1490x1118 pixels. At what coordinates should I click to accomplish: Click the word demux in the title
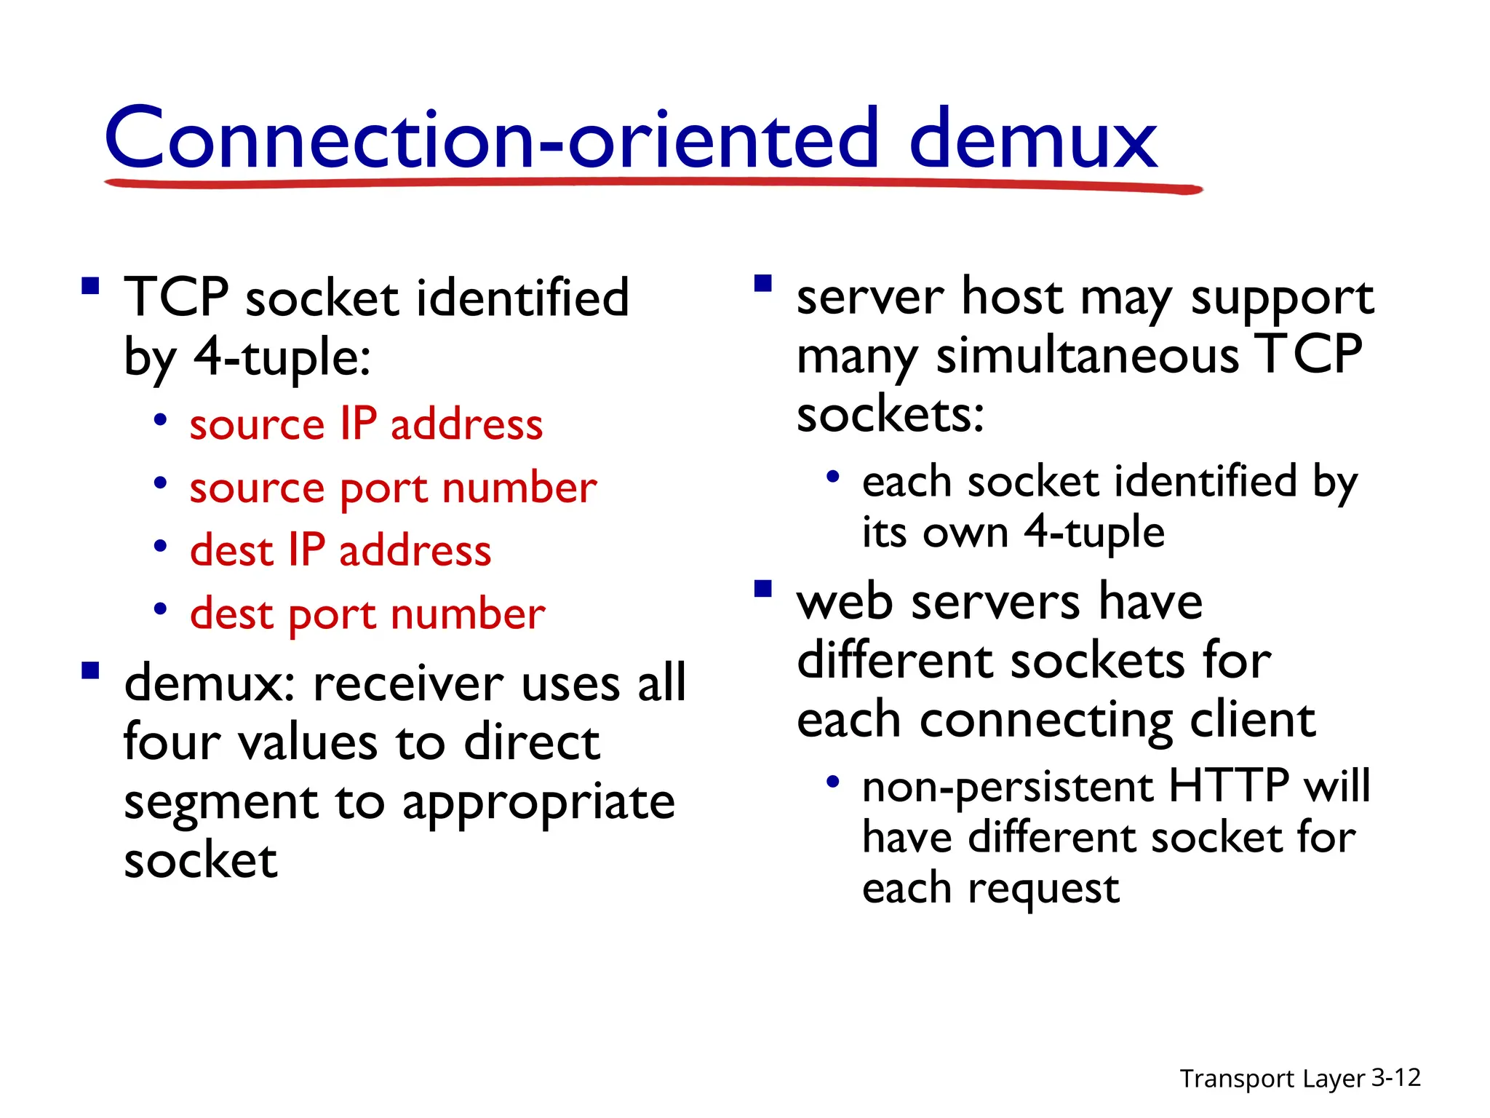[x=1033, y=138]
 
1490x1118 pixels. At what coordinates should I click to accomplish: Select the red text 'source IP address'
[x=366, y=424]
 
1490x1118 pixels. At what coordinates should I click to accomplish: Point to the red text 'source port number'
[x=393, y=488]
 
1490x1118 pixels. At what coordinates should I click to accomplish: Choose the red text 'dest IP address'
[x=340, y=550]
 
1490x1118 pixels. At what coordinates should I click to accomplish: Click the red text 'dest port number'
[x=367, y=614]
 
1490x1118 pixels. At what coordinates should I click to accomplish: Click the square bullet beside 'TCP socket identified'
[x=90, y=285]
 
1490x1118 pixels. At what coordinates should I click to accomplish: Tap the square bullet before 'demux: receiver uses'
[x=90, y=670]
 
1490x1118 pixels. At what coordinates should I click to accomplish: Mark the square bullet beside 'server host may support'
[x=762, y=283]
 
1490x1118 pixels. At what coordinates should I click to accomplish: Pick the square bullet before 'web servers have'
[x=762, y=588]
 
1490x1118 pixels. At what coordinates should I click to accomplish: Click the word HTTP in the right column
[x=1228, y=786]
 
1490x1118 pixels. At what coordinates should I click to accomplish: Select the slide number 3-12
[x=1395, y=1077]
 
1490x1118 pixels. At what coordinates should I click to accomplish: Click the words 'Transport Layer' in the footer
[x=1272, y=1078]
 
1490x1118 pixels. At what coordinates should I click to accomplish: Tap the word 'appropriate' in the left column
[x=538, y=803]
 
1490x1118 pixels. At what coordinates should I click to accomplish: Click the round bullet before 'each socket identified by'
[x=833, y=477]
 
